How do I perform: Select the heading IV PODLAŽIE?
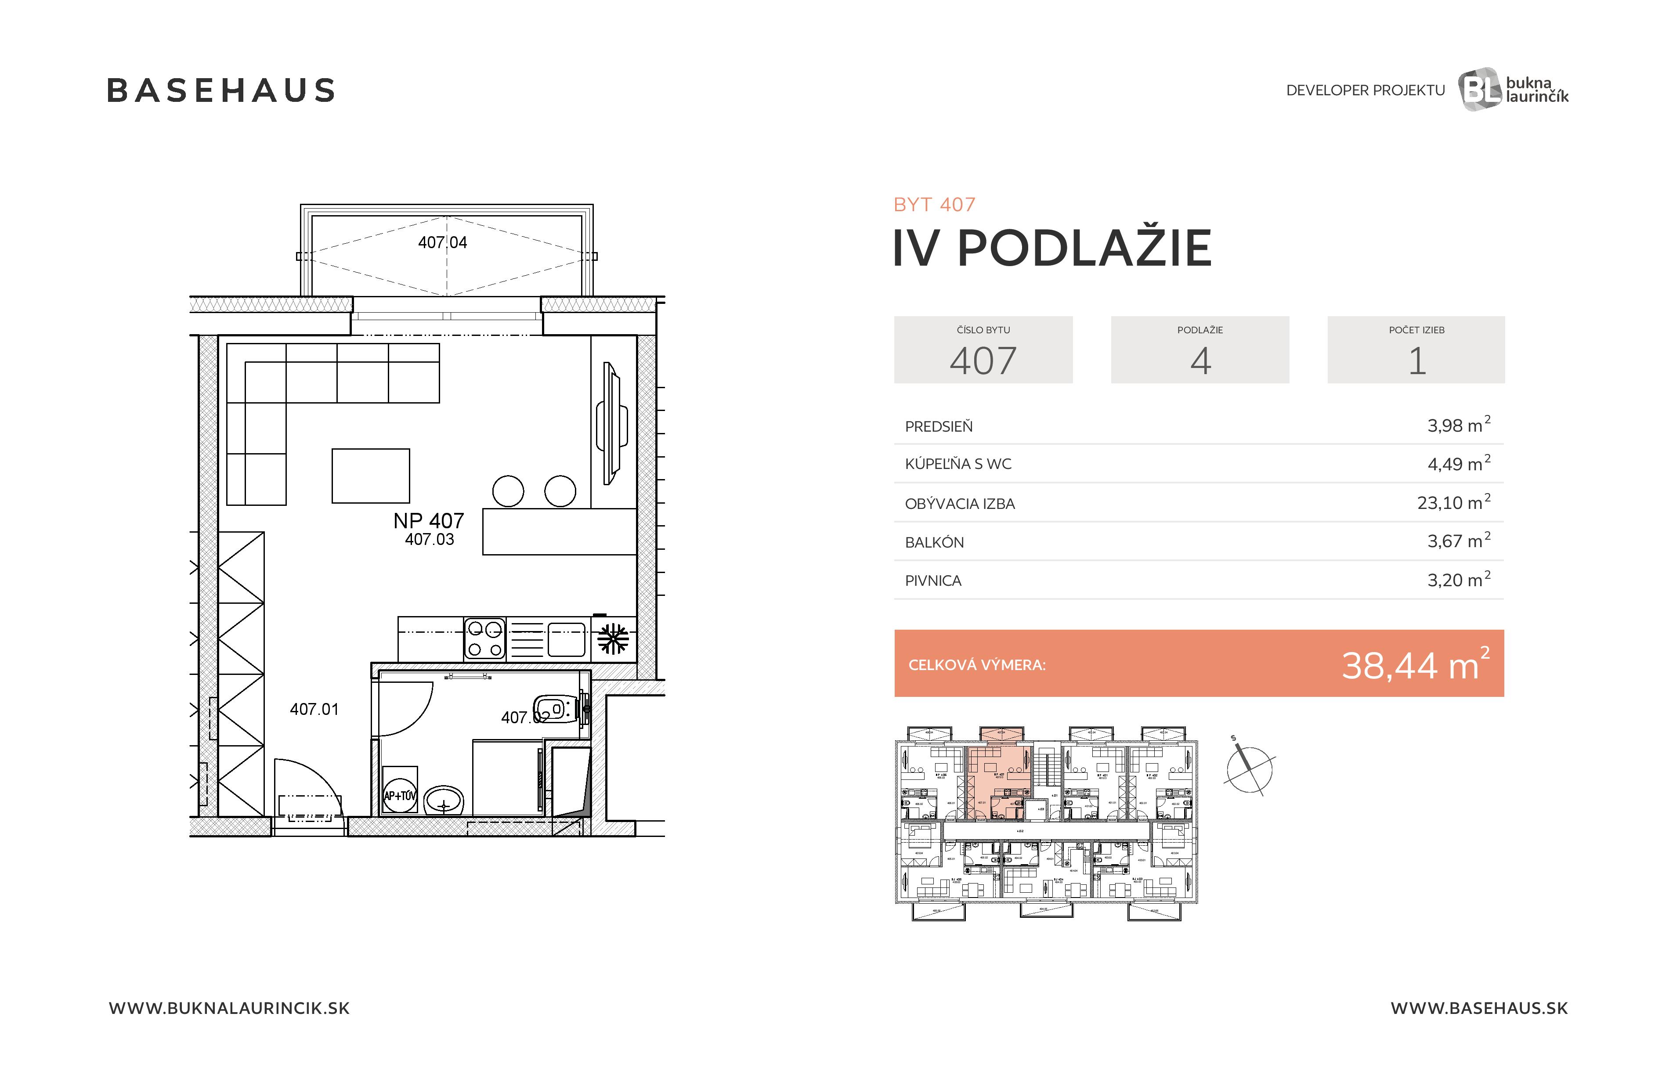click(1052, 249)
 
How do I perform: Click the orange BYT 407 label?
click(934, 205)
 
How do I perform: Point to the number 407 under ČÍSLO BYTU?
click(983, 361)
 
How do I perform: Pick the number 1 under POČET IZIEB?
click(1417, 361)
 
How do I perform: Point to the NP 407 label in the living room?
click(429, 521)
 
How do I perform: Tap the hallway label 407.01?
click(314, 709)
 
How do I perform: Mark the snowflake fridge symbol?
click(613, 639)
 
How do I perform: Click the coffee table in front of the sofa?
click(371, 476)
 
